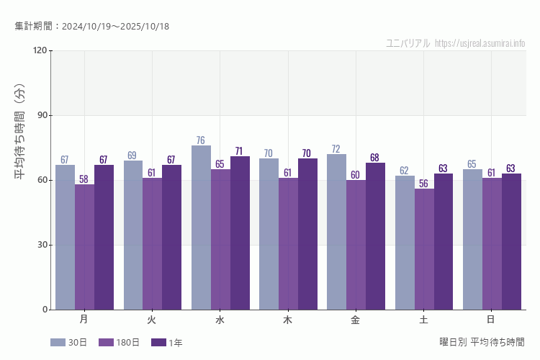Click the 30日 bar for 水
tap(201, 228)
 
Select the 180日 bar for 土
tap(424, 249)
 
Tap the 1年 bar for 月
tap(104, 238)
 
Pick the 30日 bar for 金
tap(336, 232)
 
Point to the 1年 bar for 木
tap(307, 234)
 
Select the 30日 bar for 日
tap(472, 240)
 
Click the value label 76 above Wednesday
tap(201, 140)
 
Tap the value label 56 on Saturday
tap(424, 184)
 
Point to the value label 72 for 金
tap(336, 149)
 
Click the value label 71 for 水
tap(240, 151)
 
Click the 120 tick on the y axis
tap(39, 50)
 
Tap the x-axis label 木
tap(288, 319)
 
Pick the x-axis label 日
tap(491, 319)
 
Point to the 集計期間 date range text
tap(92, 27)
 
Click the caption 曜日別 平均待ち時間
tap(482, 342)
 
